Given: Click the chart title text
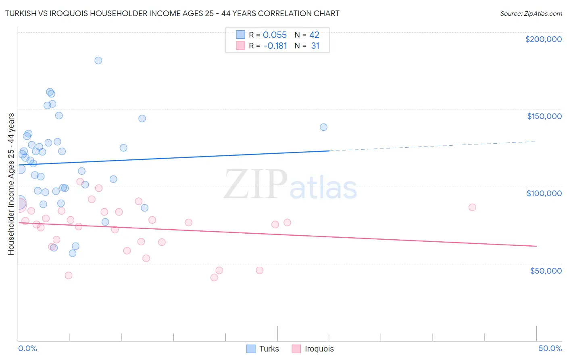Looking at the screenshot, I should point(172,13).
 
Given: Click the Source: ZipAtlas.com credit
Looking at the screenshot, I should point(531,13).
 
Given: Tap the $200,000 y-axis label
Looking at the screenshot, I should point(543,39).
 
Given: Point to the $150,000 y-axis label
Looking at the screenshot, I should point(544,116).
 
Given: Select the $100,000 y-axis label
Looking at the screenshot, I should point(544,193).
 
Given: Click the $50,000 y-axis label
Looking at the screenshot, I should point(546,270).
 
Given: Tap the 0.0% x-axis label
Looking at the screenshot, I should point(27,348).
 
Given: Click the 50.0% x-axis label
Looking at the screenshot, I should point(550,348).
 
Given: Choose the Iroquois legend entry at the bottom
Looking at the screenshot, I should point(313,349).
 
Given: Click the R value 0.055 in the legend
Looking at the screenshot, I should point(275,35).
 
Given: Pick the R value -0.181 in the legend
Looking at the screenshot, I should point(275,46).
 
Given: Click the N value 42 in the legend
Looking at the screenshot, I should point(314,35).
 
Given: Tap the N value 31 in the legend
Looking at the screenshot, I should point(315,46).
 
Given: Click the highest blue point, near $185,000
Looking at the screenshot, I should point(98,61).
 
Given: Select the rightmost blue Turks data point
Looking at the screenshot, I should point(323,127).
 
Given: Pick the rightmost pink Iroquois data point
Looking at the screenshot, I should point(472,207).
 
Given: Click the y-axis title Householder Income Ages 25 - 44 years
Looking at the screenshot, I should point(11,184).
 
